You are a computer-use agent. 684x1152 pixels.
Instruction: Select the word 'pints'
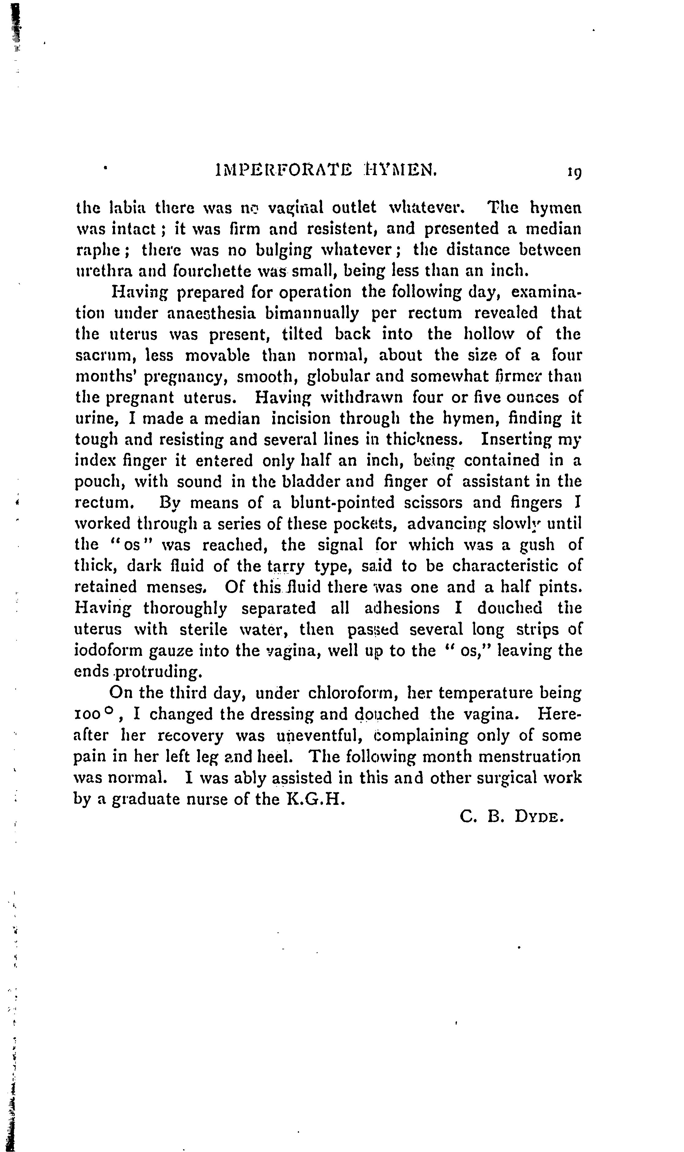(x=563, y=587)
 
